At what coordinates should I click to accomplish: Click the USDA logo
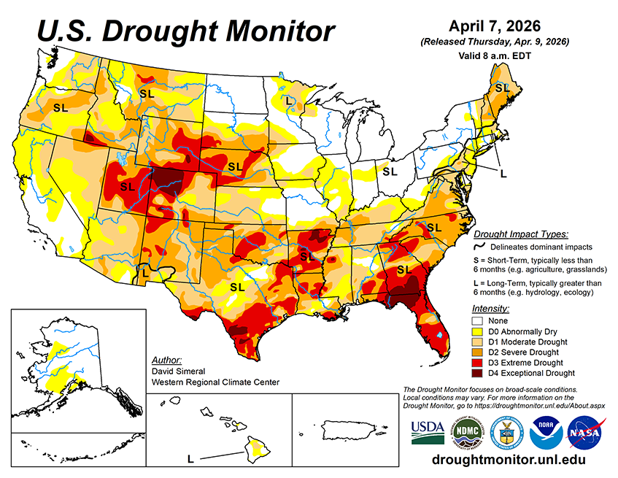pos(428,432)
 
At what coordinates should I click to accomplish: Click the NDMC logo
pos(467,432)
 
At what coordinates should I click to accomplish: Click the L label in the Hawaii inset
pos(191,459)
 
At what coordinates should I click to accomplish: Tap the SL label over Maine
pos(502,88)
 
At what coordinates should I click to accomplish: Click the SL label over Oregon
pos(61,107)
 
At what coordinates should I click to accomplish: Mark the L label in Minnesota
pos(290,99)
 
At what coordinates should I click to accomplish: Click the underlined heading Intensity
pos(490,309)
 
